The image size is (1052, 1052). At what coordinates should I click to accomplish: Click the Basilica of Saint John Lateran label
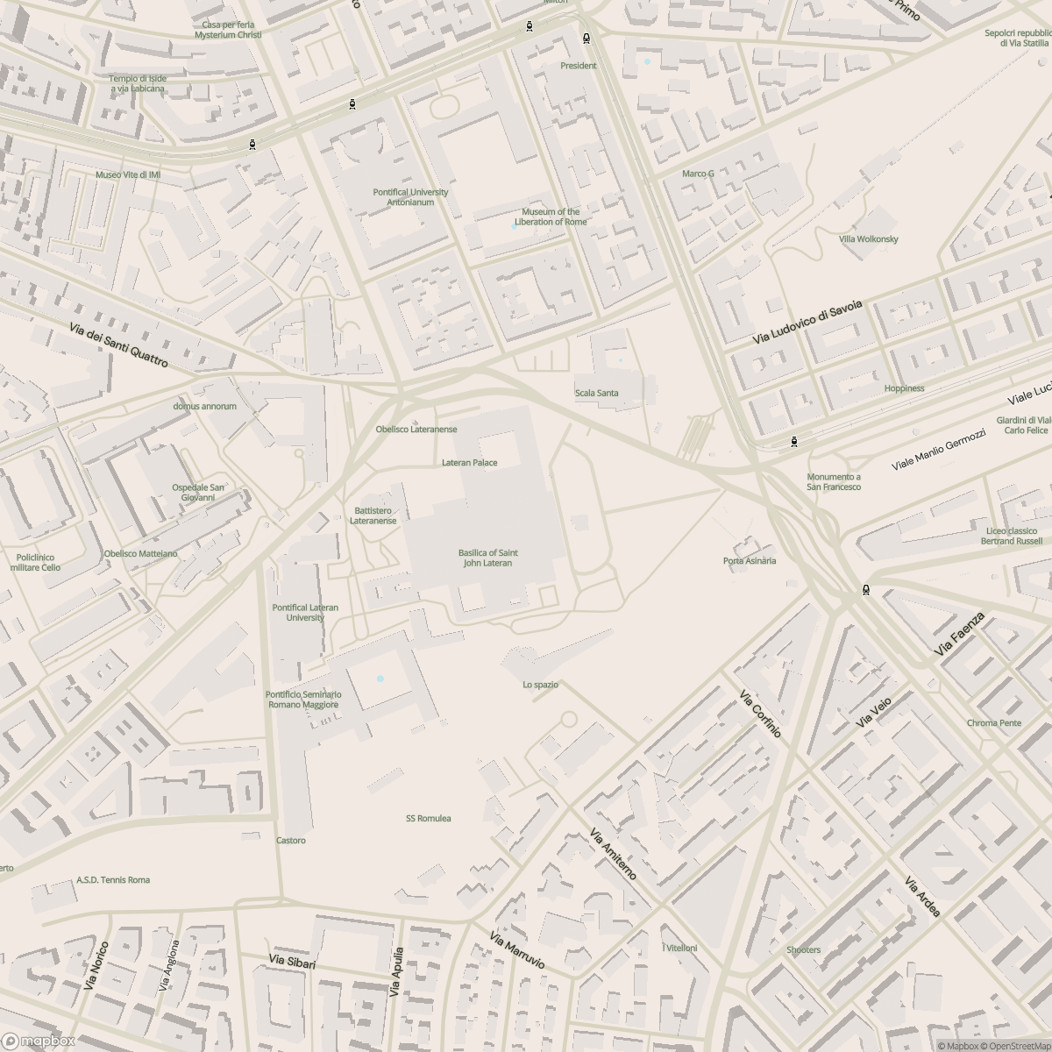pyautogui.click(x=487, y=558)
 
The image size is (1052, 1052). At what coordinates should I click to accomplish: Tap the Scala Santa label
pyautogui.click(x=596, y=393)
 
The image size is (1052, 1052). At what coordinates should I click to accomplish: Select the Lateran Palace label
pyautogui.click(x=469, y=462)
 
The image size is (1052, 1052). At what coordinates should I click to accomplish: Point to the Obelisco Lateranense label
pyautogui.click(x=416, y=430)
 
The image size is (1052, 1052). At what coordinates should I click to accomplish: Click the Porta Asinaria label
pyautogui.click(x=750, y=560)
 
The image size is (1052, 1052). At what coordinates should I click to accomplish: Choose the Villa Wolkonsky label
pyautogui.click(x=868, y=238)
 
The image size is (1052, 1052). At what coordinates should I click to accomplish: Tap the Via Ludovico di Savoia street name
pyautogui.click(x=807, y=322)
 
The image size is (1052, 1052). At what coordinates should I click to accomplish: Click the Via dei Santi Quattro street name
pyautogui.click(x=117, y=344)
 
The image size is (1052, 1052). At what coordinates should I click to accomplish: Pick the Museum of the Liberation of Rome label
pyautogui.click(x=551, y=217)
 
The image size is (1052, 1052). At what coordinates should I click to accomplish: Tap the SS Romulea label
pyautogui.click(x=428, y=818)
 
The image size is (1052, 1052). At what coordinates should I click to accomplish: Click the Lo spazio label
pyautogui.click(x=540, y=685)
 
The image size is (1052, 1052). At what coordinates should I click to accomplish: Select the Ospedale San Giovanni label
pyautogui.click(x=197, y=492)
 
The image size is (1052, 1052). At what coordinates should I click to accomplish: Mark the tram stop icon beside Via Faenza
pyautogui.click(x=866, y=590)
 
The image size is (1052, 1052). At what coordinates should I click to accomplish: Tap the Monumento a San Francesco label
pyautogui.click(x=834, y=481)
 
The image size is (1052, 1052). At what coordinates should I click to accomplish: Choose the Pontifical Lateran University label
pyautogui.click(x=305, y=612)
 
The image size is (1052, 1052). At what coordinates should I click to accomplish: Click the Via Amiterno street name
pyautogui.click(x=613, y=854)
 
